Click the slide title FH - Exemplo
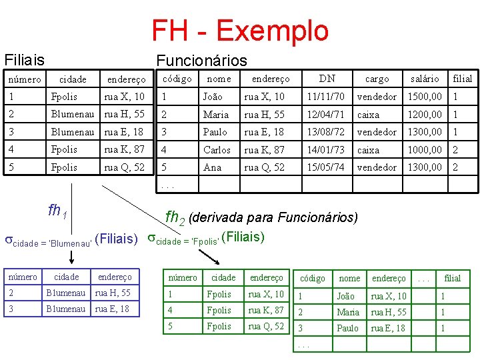(240, 31)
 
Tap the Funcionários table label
(201, 61)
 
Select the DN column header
(327, 78)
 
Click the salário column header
(425, 79)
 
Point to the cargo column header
(377, 79)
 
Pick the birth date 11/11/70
(325, 97)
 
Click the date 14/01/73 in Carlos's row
(325, 150)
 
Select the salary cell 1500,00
(425, 97)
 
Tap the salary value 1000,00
(425, 150)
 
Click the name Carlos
(217, 150)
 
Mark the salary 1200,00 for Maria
(425, 115)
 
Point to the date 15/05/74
(325, 167)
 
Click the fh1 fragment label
(57, 211)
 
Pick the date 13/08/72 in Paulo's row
(325, 132)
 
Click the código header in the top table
(177, 79)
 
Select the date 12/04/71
(325, 115)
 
